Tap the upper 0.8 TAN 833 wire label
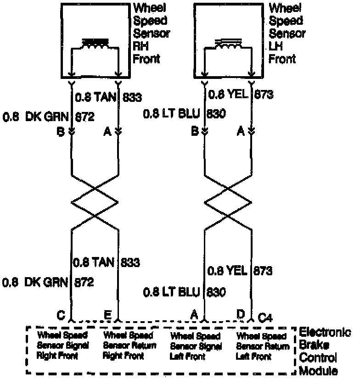tap(108, 97)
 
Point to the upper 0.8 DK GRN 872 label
tap(48, 117)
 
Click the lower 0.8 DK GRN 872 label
tap(48, 282)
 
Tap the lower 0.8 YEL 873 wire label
tap(240, 271)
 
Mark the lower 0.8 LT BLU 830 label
tap(184, 291)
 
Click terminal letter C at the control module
tap(60, 315)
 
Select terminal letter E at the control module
tap(107, 315)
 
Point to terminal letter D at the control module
tap(240, 314)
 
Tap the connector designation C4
tap(265, 316)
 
